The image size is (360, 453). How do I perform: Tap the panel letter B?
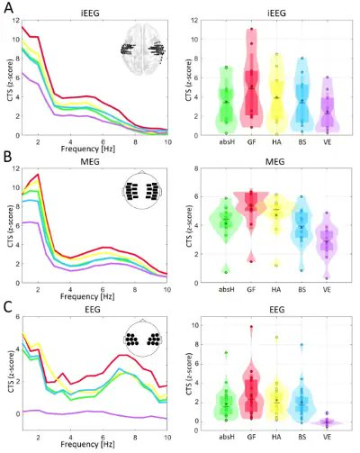(7, 161)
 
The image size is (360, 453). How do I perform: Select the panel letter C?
(7, 309)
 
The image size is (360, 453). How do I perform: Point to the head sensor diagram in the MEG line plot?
(146, 192)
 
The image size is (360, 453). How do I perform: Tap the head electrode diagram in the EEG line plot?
(146, 340)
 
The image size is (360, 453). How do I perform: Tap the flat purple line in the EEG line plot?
(90, 413)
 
